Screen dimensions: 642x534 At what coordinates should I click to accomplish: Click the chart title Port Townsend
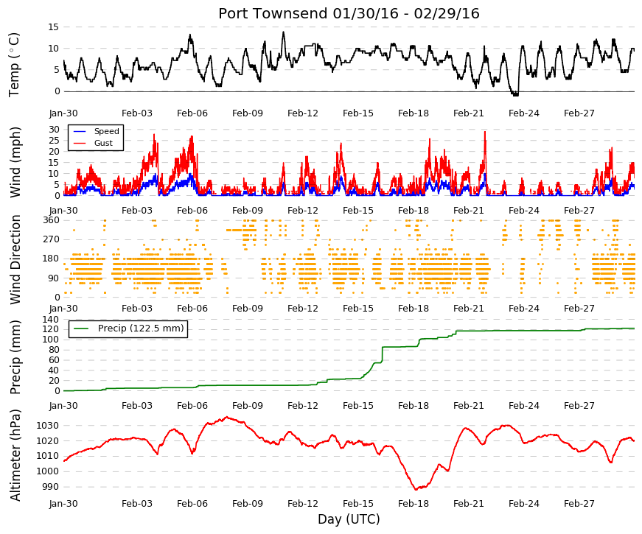[x=273, y=13]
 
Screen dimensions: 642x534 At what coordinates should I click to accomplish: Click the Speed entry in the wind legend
[x=106, y=131]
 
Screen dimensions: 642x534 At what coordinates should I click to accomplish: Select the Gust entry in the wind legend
[x=103, y=143]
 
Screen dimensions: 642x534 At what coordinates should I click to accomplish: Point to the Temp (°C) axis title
[x=14, y=65]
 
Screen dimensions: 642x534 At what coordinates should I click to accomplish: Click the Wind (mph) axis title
[x=15, y=163]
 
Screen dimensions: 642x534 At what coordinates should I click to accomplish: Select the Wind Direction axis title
[x=15, y=260]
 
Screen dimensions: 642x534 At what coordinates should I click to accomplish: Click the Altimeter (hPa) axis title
[x=15, y=455]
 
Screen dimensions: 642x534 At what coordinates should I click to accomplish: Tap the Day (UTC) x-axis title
[x=349, y=519]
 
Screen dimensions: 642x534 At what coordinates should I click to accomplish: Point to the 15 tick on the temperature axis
[x=54, y=27]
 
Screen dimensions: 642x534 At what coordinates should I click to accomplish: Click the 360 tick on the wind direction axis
[x=52, y=220]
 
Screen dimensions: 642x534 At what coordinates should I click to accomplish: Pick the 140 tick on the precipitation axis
[x=52, y=319]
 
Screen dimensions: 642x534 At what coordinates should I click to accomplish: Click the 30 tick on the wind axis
[x=54, y=130]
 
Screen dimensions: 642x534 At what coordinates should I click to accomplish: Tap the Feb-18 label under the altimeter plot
[x=414, y=504]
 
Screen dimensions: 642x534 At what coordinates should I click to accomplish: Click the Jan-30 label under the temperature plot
[x=63, y=113]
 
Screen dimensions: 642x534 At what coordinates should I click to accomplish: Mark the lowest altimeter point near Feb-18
[x=416, y=489]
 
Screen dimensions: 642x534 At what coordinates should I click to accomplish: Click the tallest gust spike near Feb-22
[x=485, y=132]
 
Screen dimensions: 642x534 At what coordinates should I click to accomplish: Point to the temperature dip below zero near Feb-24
[x=515, y=94]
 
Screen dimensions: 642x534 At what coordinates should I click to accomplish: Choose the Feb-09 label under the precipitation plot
[x=248, y=406]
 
